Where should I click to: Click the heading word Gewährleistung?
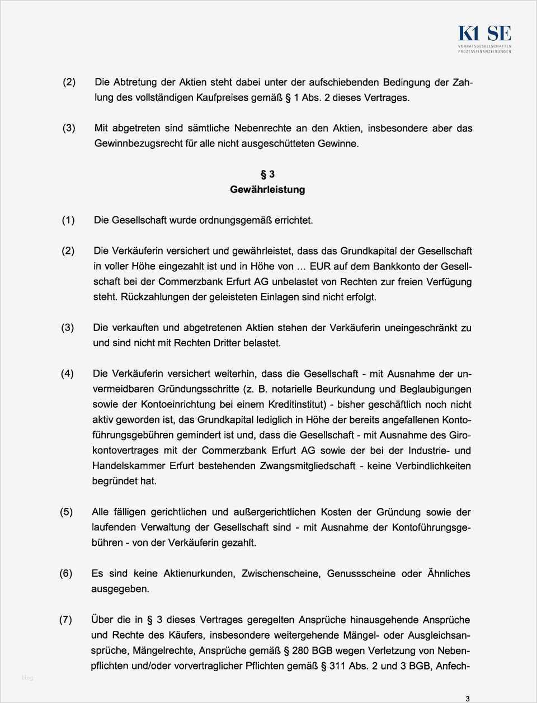coord(267,190)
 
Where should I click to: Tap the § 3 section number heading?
coord(267,174)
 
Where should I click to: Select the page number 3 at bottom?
coord(467,697)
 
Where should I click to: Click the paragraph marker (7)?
coord(66,620)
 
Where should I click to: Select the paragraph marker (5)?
coord(66,512)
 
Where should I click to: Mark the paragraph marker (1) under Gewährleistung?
coord(68,220)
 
